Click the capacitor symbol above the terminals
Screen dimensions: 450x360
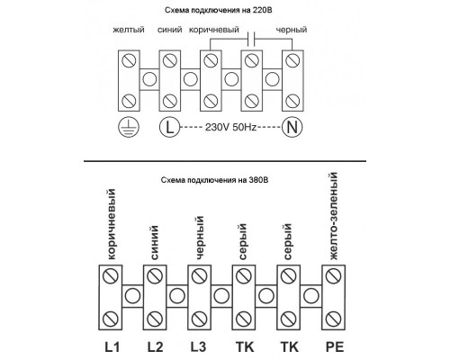251,39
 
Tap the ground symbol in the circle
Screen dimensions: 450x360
129,127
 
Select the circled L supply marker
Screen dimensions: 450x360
169,127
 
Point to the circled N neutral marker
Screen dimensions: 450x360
292,127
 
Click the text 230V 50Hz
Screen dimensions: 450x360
230,127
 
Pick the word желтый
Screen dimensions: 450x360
129,30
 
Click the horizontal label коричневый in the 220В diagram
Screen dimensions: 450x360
214,30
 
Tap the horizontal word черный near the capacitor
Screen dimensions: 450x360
292,30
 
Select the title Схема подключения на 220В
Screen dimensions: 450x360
218,10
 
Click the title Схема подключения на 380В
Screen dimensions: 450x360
214,180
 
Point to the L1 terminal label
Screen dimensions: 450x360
112,347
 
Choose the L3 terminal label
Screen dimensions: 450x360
198,347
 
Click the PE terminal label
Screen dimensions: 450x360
335,347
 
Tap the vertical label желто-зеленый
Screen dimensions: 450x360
334,216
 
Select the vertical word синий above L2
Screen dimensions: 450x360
155,243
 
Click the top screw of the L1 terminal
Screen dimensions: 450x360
110,275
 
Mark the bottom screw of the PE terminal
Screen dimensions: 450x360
333,319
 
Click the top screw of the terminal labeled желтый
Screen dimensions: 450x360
129,61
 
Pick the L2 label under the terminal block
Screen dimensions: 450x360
155,347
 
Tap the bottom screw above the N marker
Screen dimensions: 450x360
292,101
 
